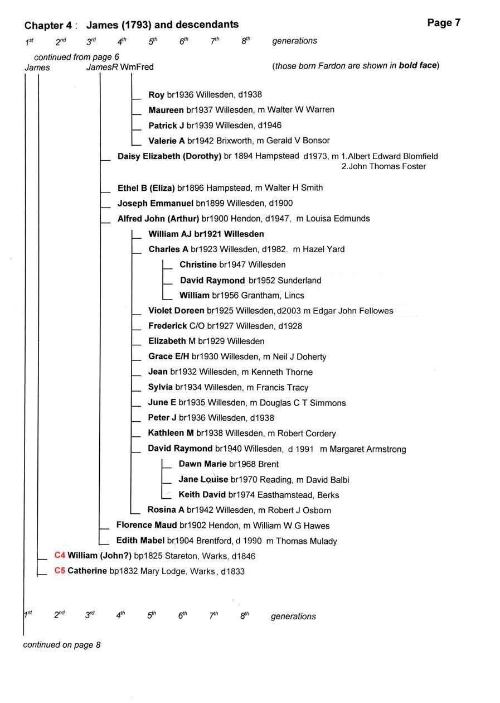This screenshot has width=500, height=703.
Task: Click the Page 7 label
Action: click(x=444, y=23)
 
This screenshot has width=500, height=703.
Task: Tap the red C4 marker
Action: click(x=60, y=556)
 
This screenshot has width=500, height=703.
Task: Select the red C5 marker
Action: click(x=60, y=571)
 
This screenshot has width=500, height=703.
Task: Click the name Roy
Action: click(x=156, y=95)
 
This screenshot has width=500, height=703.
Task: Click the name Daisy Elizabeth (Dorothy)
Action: click(x=169, y=156)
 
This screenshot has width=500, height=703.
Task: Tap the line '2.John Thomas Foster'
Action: click(x=384, y=166)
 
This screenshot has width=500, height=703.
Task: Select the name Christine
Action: click(x=198, y=264)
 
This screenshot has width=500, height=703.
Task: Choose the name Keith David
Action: click(x=202, y=494)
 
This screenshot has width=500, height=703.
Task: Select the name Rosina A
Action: click(x=166, y=510)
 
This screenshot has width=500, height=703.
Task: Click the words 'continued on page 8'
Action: click(x=61, y=645)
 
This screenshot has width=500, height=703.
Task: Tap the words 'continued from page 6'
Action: click(x=76, y=57)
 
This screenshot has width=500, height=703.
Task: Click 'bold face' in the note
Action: click(x=419, y=66)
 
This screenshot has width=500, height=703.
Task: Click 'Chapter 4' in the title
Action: click(x=48, y=25)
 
